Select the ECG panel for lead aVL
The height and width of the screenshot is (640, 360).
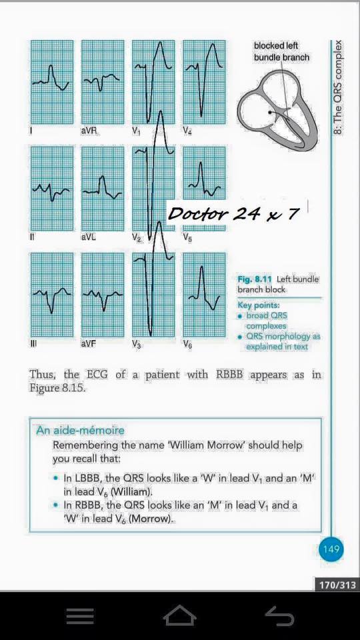click(103, 189)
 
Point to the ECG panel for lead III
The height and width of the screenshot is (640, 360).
click(52, 295)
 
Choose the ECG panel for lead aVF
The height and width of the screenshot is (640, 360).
click(103, 295)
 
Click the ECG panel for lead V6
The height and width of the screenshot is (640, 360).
click(204, 295)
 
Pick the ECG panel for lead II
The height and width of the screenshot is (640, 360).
click(52, 189)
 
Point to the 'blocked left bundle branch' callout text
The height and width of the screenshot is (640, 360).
click(281, 51)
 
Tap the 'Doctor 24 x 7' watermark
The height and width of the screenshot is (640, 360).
click(233, 213)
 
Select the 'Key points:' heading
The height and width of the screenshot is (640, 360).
click(257, 305)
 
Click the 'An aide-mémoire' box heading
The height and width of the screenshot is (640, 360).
click(80, 431)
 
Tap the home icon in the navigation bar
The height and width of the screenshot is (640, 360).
click(180, 615)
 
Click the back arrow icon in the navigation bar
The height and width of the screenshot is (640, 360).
click(279, 615)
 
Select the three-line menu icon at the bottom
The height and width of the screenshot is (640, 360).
click(80, 616)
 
